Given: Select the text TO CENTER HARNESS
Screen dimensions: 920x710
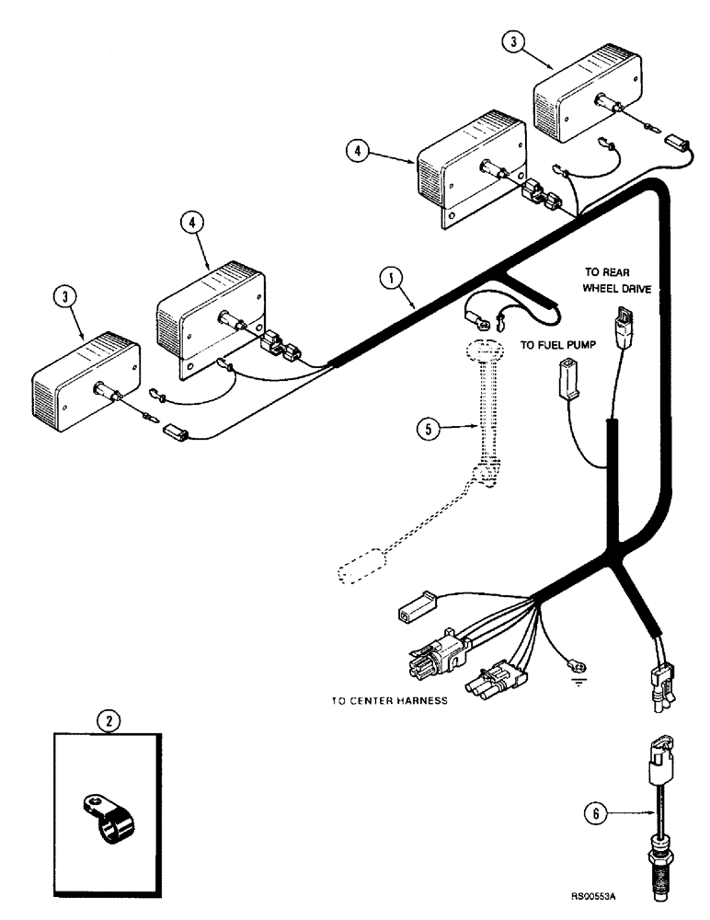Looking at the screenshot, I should pyautogui.click(x=389, y=700).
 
